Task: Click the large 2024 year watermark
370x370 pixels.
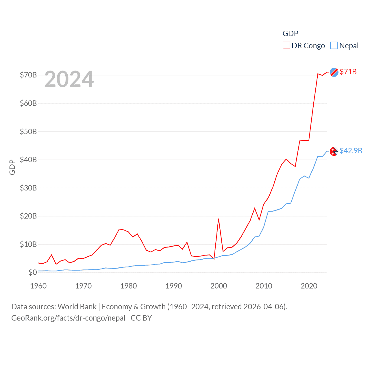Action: (x=69, y=79)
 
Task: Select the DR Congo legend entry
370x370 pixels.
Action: (x=304, y=46)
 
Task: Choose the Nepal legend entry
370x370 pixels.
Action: (x=345, y=46)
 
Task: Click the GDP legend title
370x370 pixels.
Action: (x=290, y=34)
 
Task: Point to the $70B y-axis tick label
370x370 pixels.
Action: (x=28, y=75)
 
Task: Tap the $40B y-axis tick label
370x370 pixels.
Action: (x=28, y=160)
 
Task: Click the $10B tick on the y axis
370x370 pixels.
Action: (x=28, y=244)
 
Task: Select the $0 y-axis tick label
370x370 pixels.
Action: (x=33, y=272)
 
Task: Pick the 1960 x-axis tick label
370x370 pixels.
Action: (x=38, y=286)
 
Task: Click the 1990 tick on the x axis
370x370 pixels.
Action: (x=173, y=286)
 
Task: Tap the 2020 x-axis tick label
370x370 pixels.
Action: (x=309, y=286)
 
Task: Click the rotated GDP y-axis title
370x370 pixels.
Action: (x=12, y=167)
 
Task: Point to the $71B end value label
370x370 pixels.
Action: (x=348, y=72)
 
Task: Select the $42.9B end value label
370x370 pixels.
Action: (x=351, y=151)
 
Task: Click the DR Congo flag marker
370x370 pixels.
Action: (x=334, y=72)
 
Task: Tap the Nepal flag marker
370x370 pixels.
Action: (x=334, y=151)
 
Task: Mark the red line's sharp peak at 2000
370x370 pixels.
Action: (x=219, y=219)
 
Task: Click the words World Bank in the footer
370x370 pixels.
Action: (x=77, y=306)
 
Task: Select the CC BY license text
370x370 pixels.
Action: (x=141, y=318)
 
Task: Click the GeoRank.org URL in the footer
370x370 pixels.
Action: (x=68, y=318)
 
